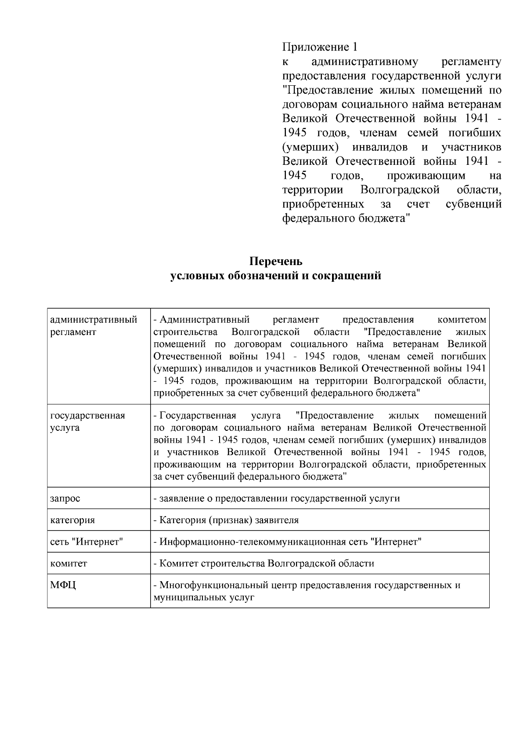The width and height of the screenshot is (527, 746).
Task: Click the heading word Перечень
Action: click(x=276, y=262)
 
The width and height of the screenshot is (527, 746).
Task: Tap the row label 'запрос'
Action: click(x=65, y=499)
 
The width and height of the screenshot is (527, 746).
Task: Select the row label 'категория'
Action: click(x=72, y=520)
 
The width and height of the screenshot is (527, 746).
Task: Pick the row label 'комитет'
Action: click(x=69, y=563)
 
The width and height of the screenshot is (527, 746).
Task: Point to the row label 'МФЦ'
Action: click(x=63, y=585)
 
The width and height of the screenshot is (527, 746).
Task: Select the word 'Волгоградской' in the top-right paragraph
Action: click(x=400, y=190)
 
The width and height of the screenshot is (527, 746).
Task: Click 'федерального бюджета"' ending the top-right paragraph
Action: click(x=346, y=218)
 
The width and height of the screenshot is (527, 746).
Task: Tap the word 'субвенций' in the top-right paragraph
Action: click(x=473, y=204)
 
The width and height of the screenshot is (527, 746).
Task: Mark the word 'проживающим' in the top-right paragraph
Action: click(x=426, y=176)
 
